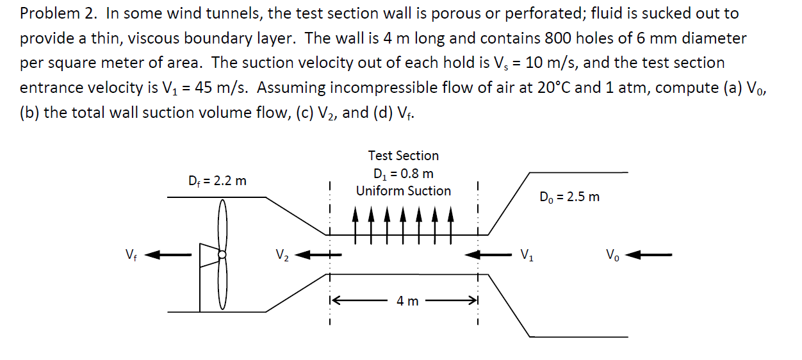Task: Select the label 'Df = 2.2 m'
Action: coord(218,181)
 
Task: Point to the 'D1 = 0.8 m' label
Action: coord(403,174)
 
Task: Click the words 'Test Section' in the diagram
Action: coord(403,156)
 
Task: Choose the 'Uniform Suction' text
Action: coord(403,191)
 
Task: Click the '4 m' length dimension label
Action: coord(407,300)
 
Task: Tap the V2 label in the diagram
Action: coord(282,255)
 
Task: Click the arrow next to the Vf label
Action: coord(168,255)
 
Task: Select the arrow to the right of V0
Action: coord(649,255)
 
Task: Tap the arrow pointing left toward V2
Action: coord(319,255)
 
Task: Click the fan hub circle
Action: coord(222,254)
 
